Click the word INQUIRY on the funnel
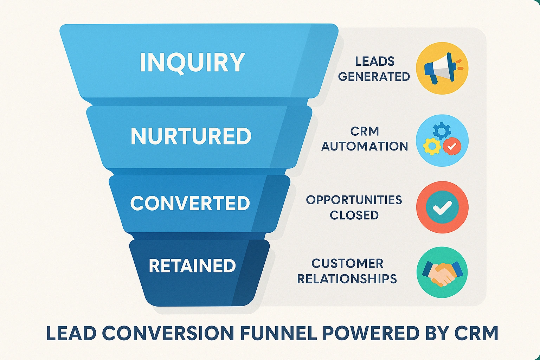tap(192, 63)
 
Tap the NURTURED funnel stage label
tap(191, 136)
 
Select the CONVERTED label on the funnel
tap(190, 203)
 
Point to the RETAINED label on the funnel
tap(192, 266)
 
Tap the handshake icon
tap(442, 272)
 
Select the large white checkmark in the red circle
tap(442, 207)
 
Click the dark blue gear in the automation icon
tap(442, 131)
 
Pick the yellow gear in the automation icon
tap(432, 146)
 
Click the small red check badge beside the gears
tap(452, 146)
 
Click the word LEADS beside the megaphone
tap(375, 62)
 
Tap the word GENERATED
tap(374, 77)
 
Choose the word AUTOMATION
tap(365, 146)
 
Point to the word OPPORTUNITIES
tap(354, 200)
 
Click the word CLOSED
tap(354, 215)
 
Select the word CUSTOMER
tap(347, 263)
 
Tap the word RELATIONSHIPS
tap(347, 279)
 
